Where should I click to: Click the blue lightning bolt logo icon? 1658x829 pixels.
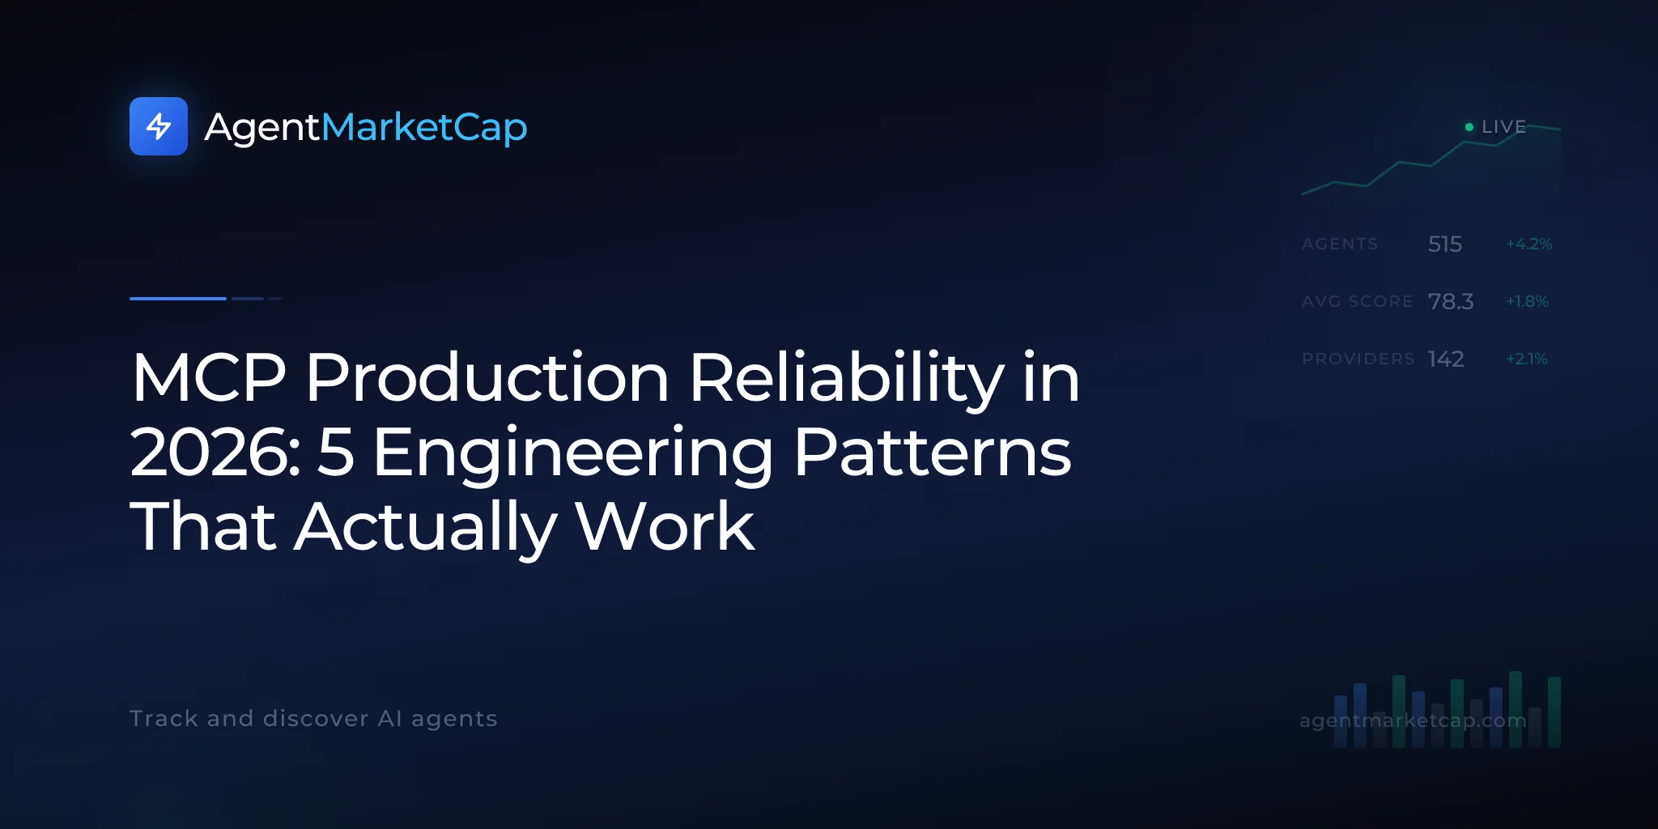159,126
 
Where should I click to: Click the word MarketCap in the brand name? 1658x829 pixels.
424,127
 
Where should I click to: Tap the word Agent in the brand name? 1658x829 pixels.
262,128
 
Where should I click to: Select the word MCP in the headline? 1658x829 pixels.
209,377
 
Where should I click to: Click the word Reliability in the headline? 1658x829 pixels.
846,379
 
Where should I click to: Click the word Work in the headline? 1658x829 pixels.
665,526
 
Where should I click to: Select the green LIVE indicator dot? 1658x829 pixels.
1469,127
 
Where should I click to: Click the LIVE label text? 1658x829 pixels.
1504,127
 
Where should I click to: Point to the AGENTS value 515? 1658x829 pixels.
1445,244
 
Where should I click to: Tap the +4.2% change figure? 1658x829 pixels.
1529,244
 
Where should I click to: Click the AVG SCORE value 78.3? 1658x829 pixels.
1451,301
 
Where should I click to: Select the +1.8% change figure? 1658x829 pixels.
1527,301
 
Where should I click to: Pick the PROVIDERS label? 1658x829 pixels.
1358,359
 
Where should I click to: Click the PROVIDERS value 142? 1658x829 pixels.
1446,359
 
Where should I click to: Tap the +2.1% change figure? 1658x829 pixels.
1527,359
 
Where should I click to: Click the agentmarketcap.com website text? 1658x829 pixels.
1413,720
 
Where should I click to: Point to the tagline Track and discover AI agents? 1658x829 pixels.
313,719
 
